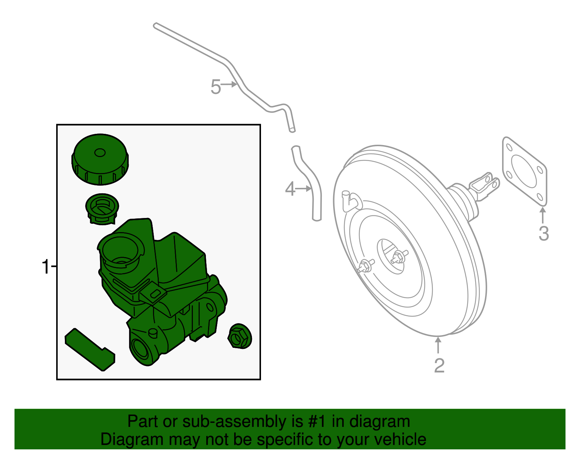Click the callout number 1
tap(45, 267)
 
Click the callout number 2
tap(439, 366)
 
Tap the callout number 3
tap(543, 233)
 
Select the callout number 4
tap(290, 189)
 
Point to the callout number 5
tap(216, 87)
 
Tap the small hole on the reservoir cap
tap(100, 153)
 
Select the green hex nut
tap(240, 336)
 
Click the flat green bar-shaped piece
tap(90, 349)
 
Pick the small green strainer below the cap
tap(102, 209)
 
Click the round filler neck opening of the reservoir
tap(120, 250)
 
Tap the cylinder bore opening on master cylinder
tap(139, 349)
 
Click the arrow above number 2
tap(438, 345)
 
